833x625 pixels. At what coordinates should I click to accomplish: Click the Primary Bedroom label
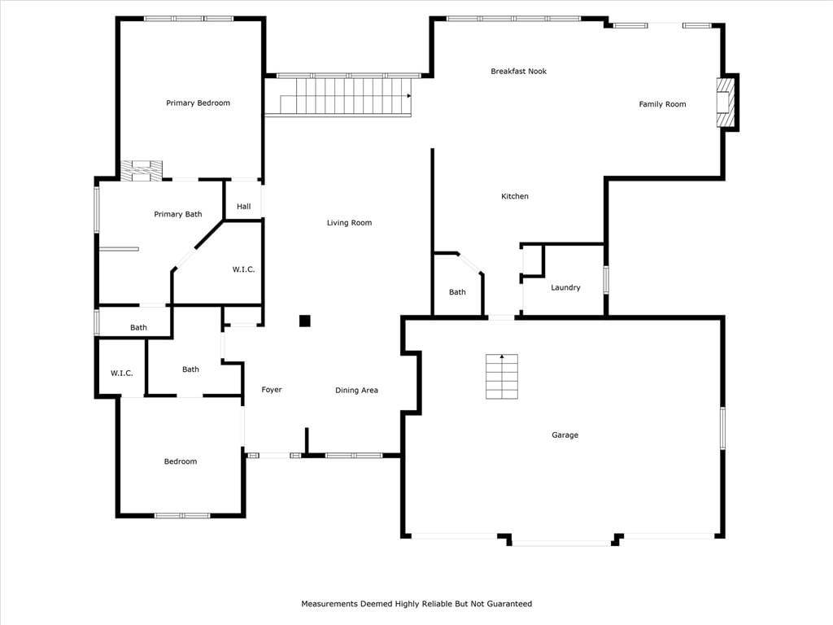[x=198, y=103]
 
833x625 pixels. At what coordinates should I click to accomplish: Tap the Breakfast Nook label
[x=518, y=72]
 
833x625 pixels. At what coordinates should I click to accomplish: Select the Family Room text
[x=662, y=104]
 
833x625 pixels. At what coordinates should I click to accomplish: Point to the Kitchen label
[x=515, y=196]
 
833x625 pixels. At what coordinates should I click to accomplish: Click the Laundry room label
[x=565, y=287]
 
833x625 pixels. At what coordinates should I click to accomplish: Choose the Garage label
[x=565, y=435]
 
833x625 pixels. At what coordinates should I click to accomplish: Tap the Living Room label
[x=349, y=223]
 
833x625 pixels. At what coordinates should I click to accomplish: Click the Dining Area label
[x=356, y=390]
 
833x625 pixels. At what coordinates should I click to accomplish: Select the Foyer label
[x=272, y=390]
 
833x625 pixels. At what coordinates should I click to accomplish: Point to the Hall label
[x=244, y=206]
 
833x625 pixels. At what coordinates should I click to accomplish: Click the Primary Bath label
[x=178, y=214]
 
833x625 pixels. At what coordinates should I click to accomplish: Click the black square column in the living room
[x=304, y=321]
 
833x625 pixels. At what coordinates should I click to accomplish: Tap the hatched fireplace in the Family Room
[x=725, y=103]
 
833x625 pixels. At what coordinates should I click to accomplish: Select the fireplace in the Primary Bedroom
[x=142, y=171]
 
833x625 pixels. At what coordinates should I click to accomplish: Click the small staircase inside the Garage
[x=501, y=376]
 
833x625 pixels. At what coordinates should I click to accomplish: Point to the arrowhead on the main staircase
[x=409, y=96]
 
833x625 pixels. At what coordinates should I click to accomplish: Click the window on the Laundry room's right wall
[x=605, y=280]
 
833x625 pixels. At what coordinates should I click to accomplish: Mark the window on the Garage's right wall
[x=722, y=428]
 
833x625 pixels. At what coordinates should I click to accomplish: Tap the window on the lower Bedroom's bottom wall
[x=182, y=515]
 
